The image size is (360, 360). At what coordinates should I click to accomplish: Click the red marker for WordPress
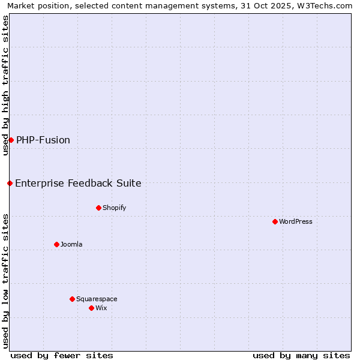click(275, 221)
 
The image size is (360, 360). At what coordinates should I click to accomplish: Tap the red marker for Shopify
click(98, 208)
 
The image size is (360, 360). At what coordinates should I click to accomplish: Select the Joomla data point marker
click(56, 244)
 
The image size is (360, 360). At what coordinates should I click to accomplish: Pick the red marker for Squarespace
click(72, 299)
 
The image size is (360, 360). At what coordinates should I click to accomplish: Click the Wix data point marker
click(91, 308)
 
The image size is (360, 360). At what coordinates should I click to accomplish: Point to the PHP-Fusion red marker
click(11, 140)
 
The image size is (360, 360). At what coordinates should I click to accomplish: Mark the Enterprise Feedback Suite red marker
click(10, 183)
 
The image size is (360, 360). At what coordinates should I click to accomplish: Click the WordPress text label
click(296, 221)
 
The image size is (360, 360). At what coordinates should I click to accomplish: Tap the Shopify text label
click(114, 208)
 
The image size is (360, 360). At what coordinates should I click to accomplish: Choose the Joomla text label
click(71, 244)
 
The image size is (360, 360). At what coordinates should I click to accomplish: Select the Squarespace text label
click(97, 299)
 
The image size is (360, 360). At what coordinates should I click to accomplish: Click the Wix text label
click(101, 308)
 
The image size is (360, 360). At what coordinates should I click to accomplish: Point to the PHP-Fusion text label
click(43, 140)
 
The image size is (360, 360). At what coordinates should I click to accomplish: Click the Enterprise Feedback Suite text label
click(78, 183)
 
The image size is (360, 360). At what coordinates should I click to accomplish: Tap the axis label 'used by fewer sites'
click(62, 355)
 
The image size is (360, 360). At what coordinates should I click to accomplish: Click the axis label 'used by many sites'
click(301, 355)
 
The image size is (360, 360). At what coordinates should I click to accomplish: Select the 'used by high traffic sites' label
click(5, 85)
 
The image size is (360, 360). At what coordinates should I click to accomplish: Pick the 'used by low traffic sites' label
click(5, 280)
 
